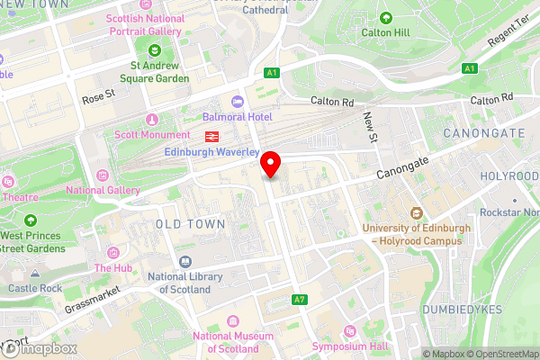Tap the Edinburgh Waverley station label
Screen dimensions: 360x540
(x=211, y=152)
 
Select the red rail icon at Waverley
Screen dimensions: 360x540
(x=212, y=137)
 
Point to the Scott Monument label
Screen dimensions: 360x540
(x=150, y=135)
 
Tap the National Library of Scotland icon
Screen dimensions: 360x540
(x=184, y=261)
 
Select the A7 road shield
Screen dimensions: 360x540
(x=299, y=299)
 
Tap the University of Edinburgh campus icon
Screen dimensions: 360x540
(x=417, y=213)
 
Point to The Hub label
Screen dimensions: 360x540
(x=113, y=268)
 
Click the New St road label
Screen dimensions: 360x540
(x=370, y=125)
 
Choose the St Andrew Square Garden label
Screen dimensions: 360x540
(x=159, y=71)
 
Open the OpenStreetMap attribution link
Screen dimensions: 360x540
(x=499, y=354)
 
